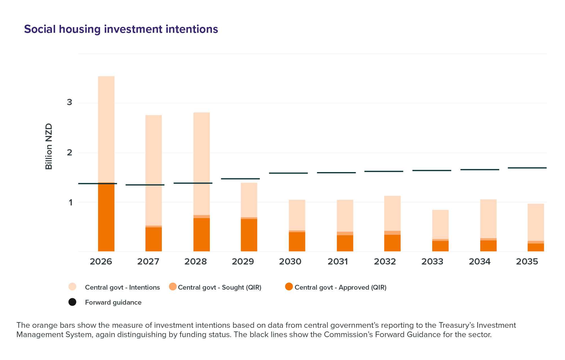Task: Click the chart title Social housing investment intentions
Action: (x=121, y=29)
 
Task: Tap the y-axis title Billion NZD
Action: (x=49, y=146)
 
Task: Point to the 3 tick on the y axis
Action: (x=69, y=102)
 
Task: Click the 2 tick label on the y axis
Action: (x=69, y=153)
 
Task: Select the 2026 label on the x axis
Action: (x=101, y=262)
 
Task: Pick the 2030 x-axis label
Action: (x=290, y=262)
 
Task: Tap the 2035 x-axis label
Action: (x=527, y=262)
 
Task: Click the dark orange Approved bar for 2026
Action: (x=106, y=218)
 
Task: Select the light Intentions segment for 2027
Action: (x=154, y=170)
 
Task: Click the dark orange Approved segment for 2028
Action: (x=202, y=235)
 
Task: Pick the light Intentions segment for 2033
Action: (x=440, y=224)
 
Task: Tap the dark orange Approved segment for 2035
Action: (x=536, y=248)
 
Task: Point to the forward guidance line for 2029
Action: (x=240, y=179)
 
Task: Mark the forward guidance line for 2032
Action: (x=384, y=172)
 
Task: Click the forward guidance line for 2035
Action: (x=527, y=168)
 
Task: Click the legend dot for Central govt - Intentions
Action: (x=72, y=287)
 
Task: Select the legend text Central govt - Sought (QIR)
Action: (x=220, y=287)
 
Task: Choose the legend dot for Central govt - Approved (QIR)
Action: (x=289, y=287)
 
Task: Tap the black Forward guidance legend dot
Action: (x=72, y=302)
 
